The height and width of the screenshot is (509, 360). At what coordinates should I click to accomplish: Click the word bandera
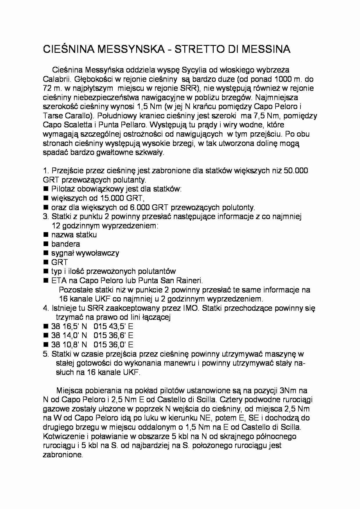click(66, 244)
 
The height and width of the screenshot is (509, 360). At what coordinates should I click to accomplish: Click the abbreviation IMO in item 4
click(191, 308)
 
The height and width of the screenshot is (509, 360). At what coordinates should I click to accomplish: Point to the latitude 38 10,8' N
click(69, 345)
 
